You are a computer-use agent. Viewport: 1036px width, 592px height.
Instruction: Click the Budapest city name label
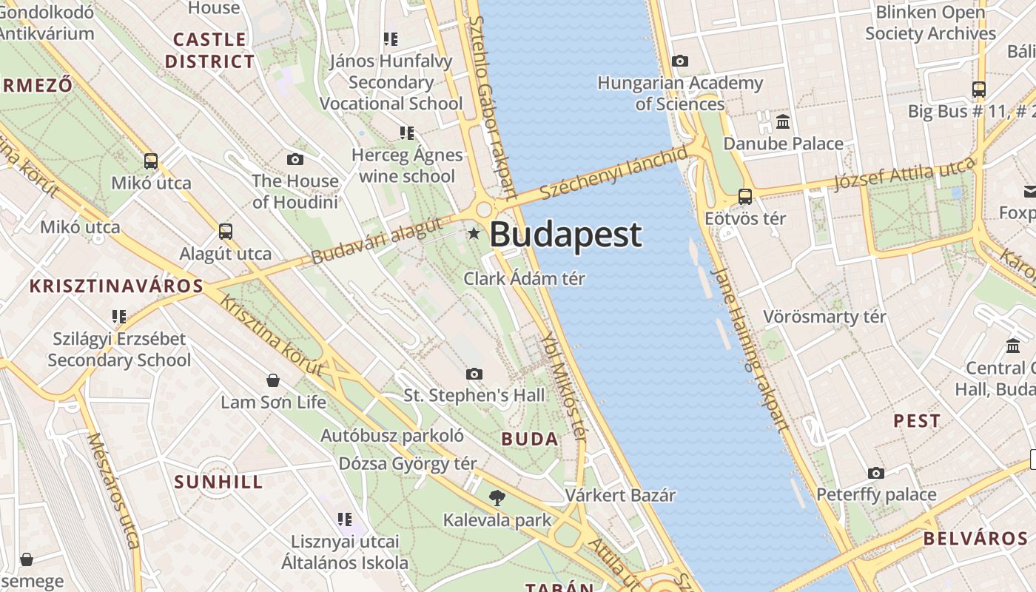click(565, 235)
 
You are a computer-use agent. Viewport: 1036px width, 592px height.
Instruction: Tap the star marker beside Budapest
click(474, 234)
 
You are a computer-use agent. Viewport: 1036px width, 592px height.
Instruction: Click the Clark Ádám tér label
click(524, 279)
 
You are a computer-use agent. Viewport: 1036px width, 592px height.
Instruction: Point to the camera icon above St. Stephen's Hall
click(474, 374)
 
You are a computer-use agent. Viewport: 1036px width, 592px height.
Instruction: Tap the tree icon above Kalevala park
click(497, 497)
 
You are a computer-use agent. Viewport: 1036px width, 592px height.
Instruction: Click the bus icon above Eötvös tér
click(745, 197)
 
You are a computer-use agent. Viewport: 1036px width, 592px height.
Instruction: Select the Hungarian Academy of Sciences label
click(679, 93)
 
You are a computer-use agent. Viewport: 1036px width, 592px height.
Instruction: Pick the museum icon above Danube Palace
click(783, 121)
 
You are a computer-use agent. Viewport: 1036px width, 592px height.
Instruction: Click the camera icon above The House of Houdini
click(295, 159)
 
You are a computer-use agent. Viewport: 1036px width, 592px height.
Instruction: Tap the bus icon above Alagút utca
click(226, 232)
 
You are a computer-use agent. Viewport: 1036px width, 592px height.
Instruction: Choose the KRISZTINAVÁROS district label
click(116, 286)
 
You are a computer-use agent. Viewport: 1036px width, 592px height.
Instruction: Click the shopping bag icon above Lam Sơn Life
click(273, 380)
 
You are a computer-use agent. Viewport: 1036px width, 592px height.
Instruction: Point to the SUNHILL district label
click(218, 482)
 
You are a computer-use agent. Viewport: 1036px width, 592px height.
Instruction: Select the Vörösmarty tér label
click(824, 317)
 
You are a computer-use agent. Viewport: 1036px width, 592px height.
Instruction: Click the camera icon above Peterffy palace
click(876, 473)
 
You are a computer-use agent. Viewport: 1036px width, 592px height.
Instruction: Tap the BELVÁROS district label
click(975, 538)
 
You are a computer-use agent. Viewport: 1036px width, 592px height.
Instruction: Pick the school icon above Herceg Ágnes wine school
click(406, 133)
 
